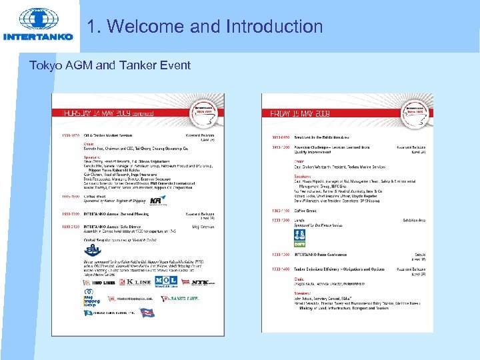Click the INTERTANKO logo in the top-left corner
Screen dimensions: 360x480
[38, 25]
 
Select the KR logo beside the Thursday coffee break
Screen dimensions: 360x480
[158, 199]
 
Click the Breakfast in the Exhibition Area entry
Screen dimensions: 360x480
[327, 135]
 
